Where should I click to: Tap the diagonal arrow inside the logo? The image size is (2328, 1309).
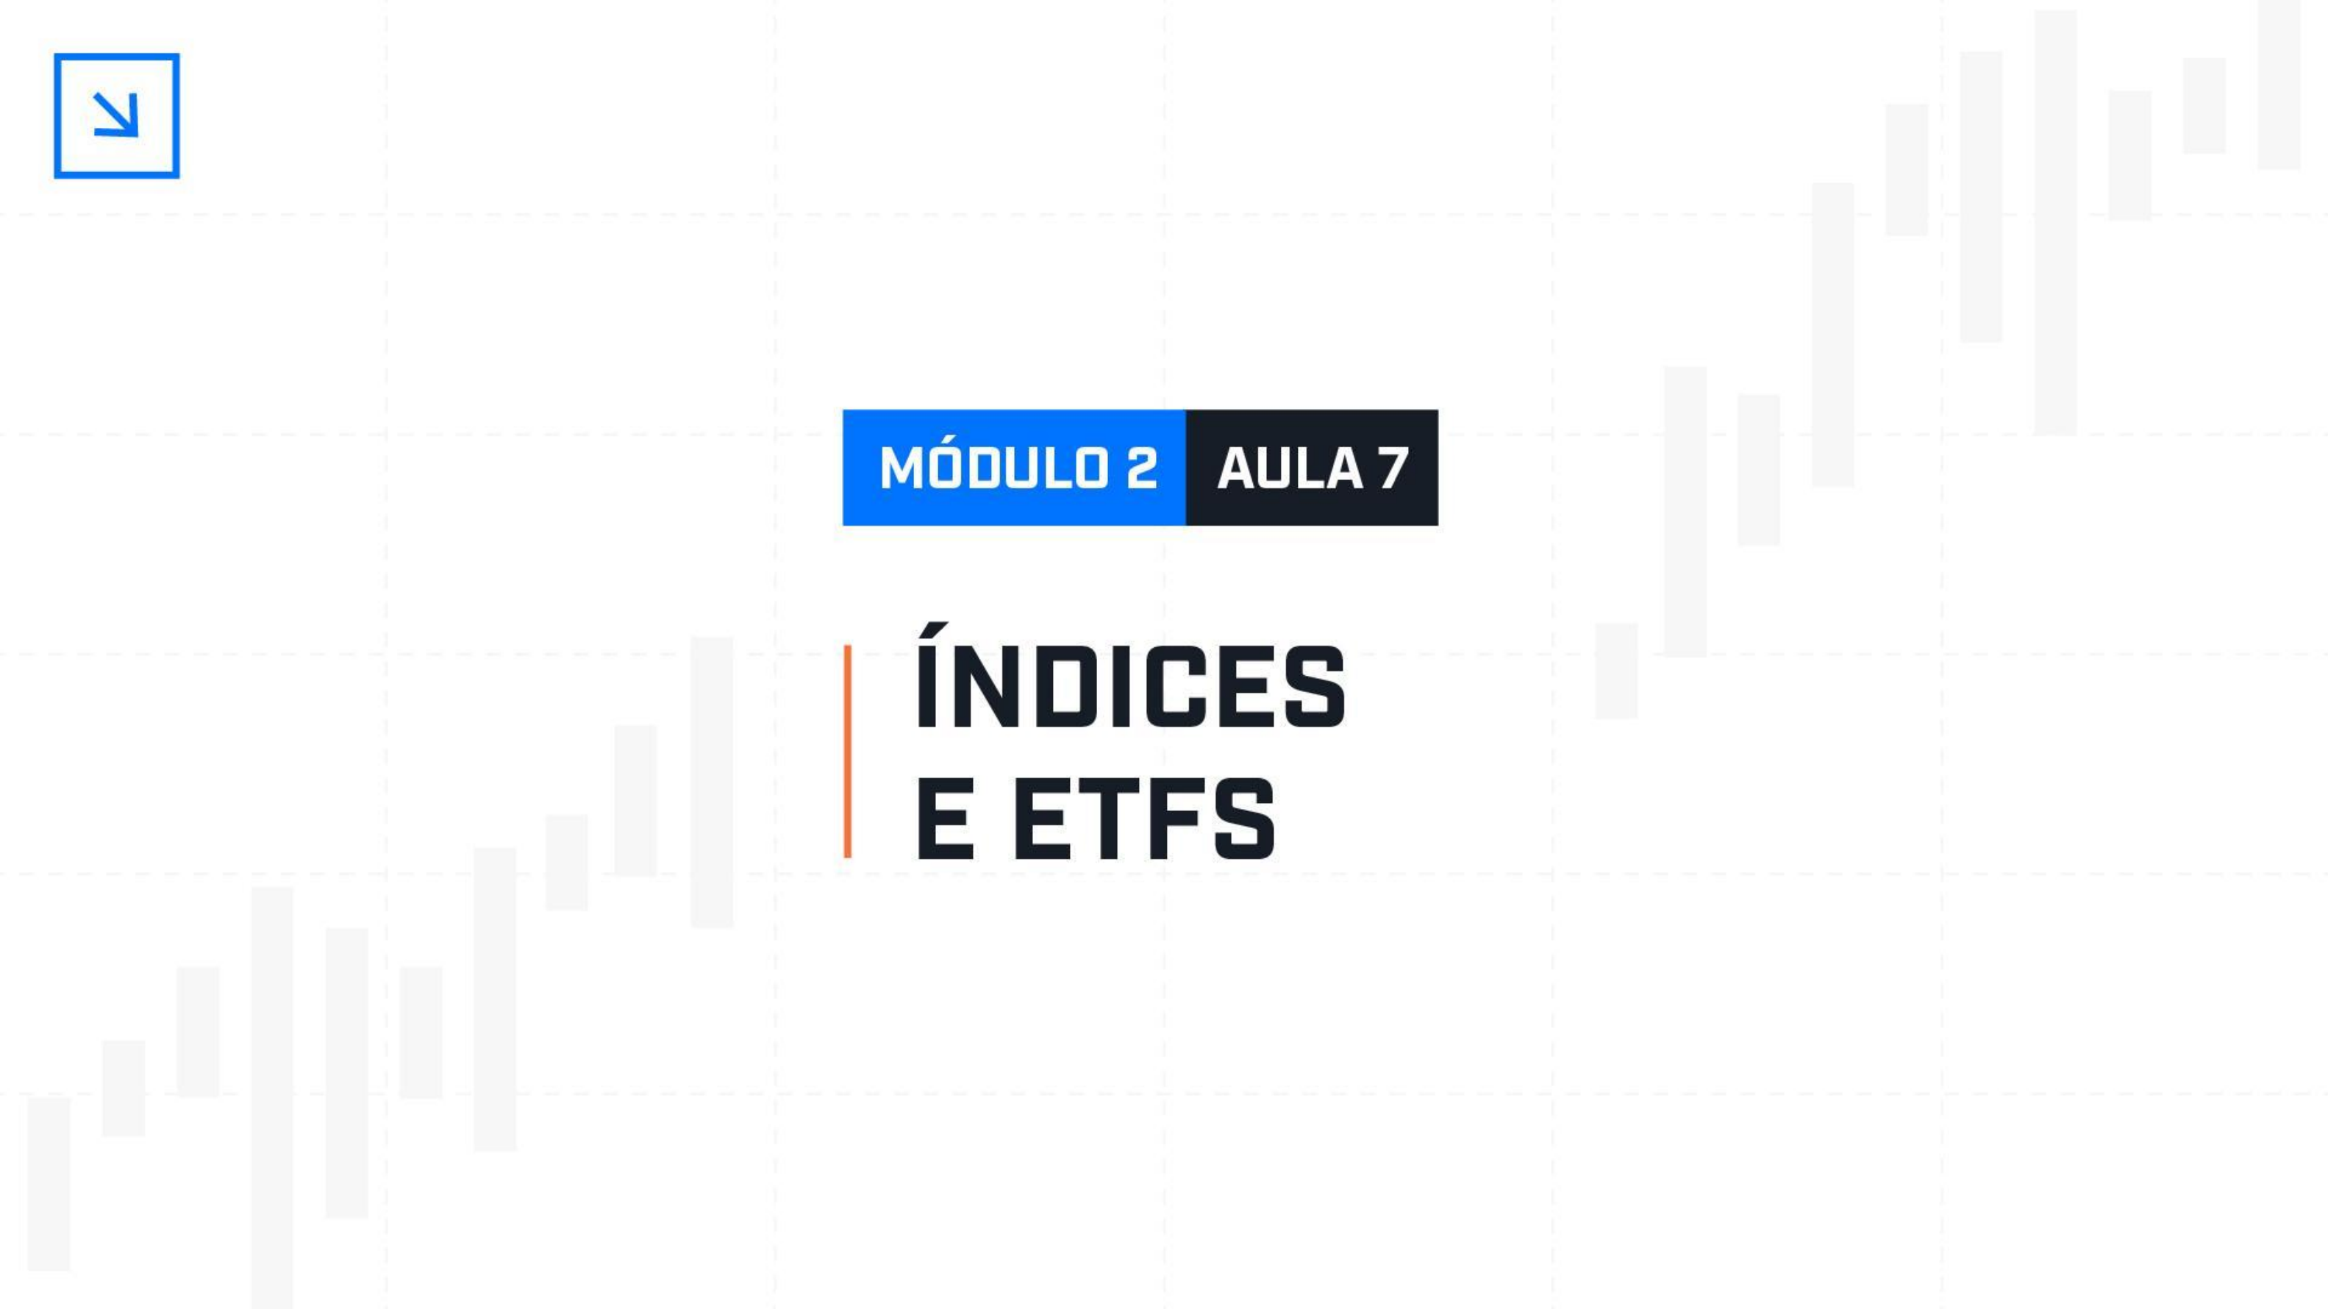117,115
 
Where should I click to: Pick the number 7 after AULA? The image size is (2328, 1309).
1392,468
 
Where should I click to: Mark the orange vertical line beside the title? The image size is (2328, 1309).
847,752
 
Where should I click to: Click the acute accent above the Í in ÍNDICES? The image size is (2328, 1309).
935,629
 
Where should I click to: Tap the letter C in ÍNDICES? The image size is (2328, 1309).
1209,687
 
